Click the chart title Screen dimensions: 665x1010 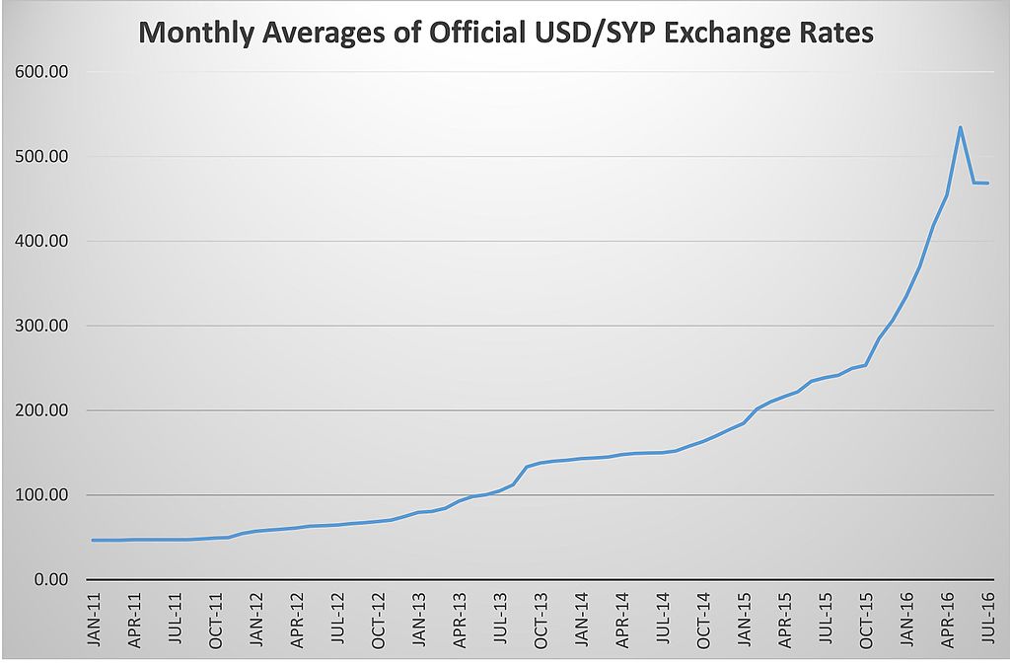point(506,33)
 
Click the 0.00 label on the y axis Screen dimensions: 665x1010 point(46,579)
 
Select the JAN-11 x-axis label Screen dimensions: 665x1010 point(94,619)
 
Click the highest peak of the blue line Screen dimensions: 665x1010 point(960,127)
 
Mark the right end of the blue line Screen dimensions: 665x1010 point(987,183)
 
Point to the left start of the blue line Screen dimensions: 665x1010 point(93,540)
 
